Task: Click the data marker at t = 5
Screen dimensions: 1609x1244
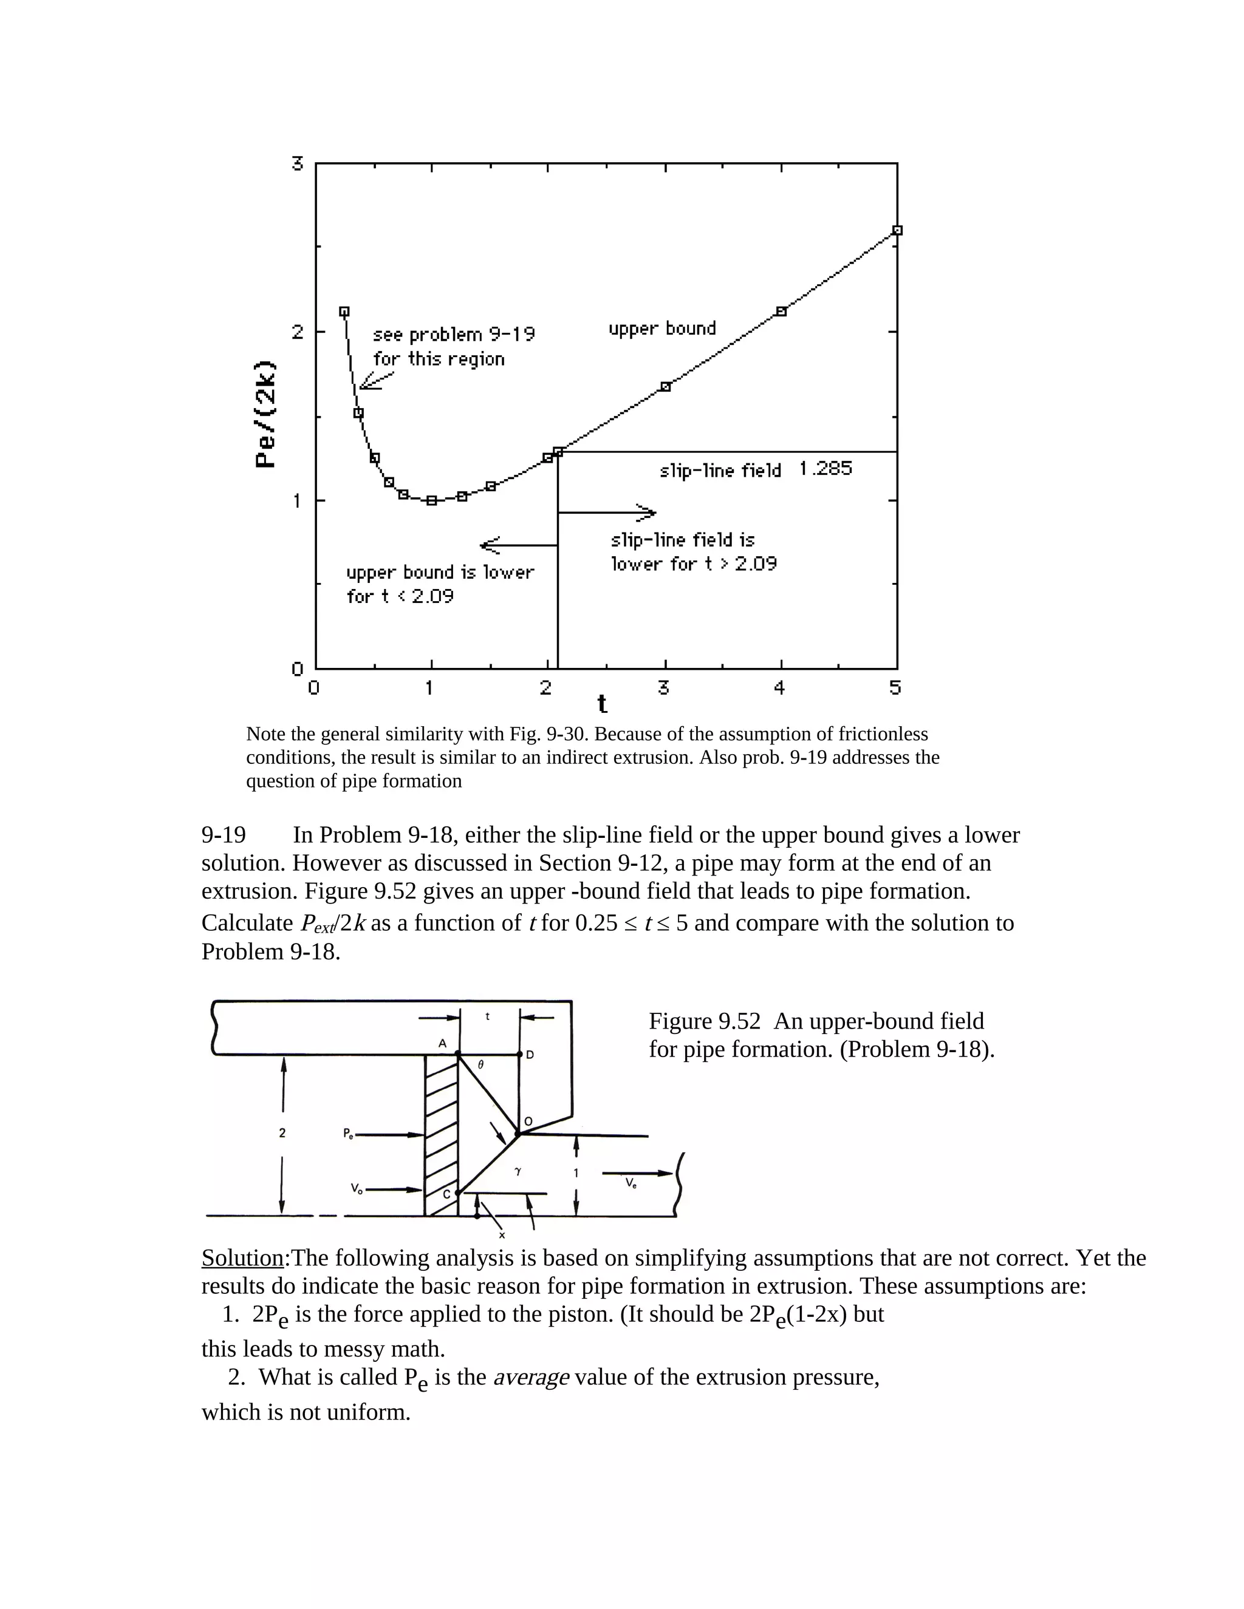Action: tap(897, 231)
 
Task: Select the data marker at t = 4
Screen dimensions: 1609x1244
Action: tap(781, 311)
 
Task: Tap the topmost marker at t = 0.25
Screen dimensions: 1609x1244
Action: tap(344, 311)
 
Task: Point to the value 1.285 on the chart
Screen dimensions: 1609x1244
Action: tap(825, 469)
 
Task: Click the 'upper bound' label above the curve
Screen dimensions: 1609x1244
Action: tap(662, 328)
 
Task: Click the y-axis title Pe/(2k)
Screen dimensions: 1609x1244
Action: tap(265, 414)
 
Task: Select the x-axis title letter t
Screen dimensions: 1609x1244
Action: tap(602, 704)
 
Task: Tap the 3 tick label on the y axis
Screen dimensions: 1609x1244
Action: tap(298, 163)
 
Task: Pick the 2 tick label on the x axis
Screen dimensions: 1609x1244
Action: tap(545, 688)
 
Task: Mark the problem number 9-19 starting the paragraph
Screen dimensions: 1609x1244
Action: tap(224, 835)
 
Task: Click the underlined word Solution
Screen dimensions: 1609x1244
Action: tap(242, 1258)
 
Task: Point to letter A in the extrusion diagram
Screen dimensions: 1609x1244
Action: tap(442, 1044)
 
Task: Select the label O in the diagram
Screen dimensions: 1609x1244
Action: tap(528, 1122)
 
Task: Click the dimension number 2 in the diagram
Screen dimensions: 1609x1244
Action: tap(282, 1133)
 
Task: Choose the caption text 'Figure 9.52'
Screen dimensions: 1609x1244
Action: tap(704, 1021)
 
